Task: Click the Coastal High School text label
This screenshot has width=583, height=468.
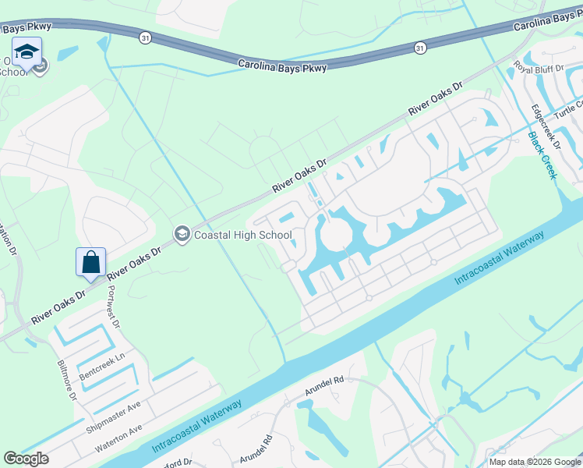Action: (x=243, y=235)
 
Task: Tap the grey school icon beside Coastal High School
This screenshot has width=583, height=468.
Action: (x=182, y=234)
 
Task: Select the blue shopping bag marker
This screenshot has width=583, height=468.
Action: (x=90, y=263)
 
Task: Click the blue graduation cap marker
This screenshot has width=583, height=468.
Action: (x=26, y=53)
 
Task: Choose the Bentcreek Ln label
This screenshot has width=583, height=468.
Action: (x=103, y=364)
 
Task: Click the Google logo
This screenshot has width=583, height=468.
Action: (x=26, y=459)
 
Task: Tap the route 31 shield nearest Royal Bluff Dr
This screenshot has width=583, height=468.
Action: (x=420, y=48)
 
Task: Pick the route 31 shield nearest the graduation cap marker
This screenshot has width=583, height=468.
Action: (x=146, y=37)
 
